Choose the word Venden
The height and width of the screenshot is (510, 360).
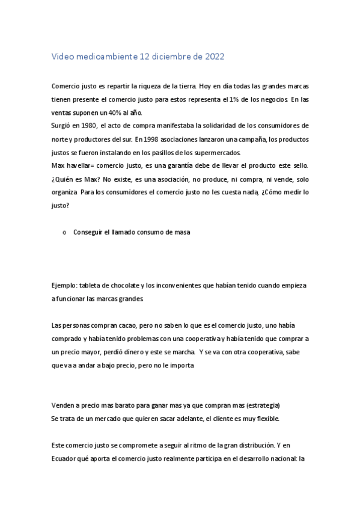(x=64, y=405)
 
